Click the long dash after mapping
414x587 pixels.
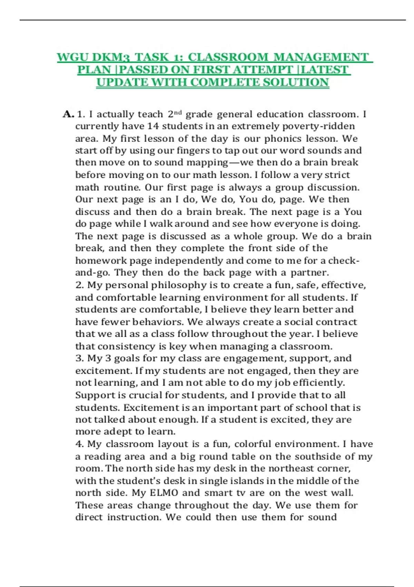234,162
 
